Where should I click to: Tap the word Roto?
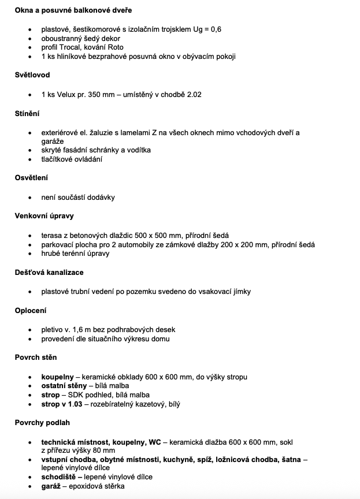pos(116,47)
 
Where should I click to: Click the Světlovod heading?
pos(32,75)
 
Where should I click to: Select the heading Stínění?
pos(27,113)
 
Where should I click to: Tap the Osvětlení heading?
pos(31,178)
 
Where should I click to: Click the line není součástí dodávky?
pos(78,197)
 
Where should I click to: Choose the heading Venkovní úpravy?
pos(44,216)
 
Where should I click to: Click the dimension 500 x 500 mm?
pos(160,235)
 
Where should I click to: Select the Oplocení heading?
pos(31,310)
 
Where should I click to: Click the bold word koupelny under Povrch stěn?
pos(57,377)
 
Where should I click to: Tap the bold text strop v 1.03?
pos(62,405)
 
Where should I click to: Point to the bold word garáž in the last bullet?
pos(51,486)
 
